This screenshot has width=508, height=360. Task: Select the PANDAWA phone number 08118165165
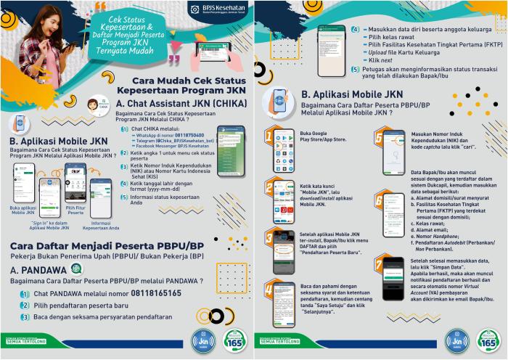[167, 294]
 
